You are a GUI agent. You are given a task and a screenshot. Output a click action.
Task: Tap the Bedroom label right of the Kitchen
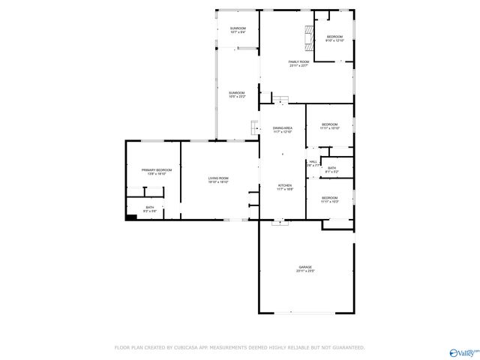tap(330, 199)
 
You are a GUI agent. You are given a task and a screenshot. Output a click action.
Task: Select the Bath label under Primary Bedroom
tap(150, 208)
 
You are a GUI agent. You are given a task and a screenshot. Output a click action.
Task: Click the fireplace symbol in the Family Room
tap(307, 35)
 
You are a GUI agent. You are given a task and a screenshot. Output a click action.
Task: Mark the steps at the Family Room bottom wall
tap(280, 100)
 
